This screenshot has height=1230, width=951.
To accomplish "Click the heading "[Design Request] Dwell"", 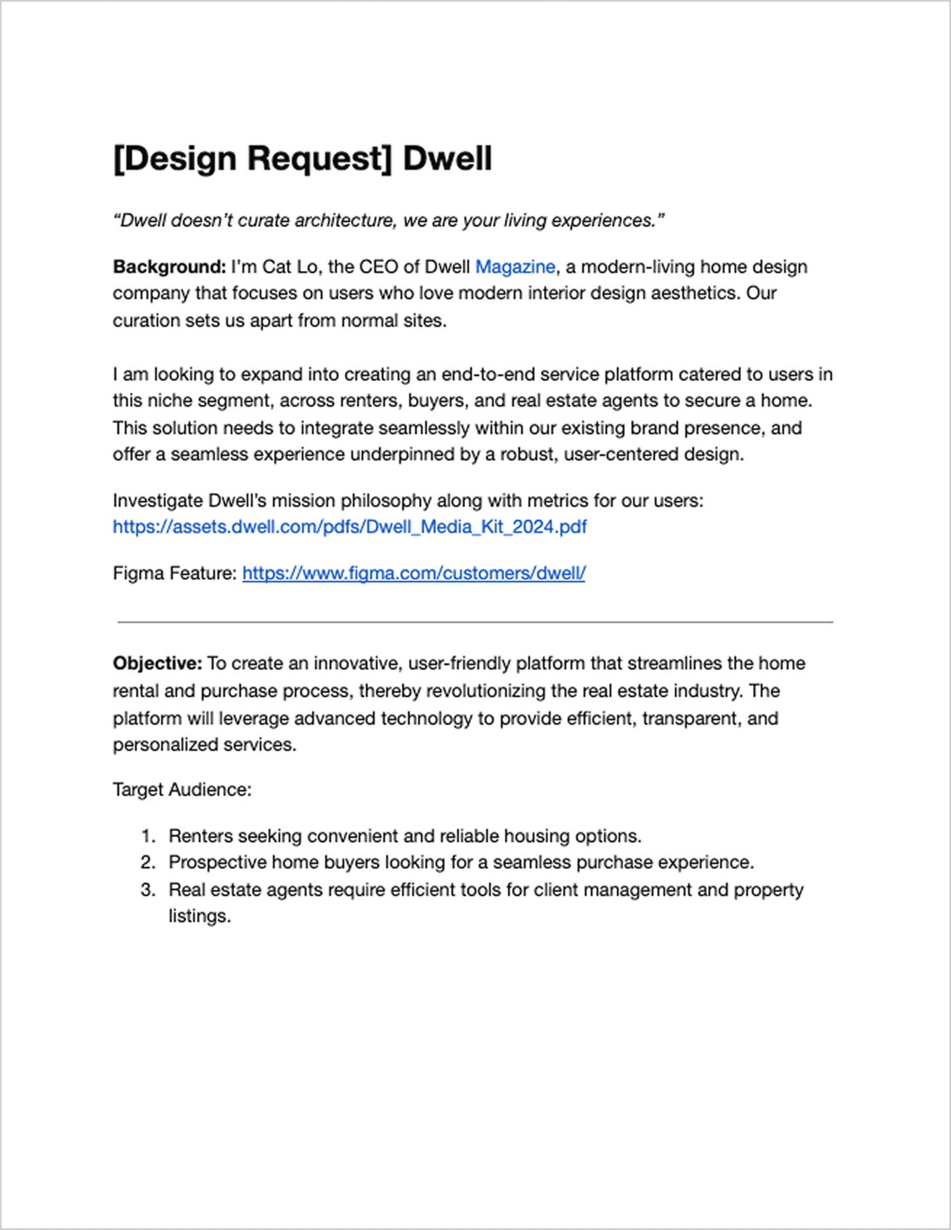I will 302,159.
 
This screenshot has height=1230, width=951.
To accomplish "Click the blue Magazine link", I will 515,267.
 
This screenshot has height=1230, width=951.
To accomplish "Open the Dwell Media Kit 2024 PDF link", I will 349,527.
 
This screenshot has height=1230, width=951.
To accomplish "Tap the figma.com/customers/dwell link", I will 414,574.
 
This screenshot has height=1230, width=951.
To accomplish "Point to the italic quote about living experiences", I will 389,221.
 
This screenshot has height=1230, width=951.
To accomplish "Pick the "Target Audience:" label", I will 182,790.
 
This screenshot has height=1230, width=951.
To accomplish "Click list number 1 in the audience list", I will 148,836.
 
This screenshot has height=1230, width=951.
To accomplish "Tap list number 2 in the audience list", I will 148,863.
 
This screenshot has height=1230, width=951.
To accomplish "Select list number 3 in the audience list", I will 148,890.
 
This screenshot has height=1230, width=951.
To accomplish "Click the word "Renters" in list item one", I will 200,836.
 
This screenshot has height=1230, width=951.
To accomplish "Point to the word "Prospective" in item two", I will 217,863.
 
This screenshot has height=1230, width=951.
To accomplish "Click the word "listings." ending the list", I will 200,916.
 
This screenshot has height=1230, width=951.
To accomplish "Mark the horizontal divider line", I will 475,622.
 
